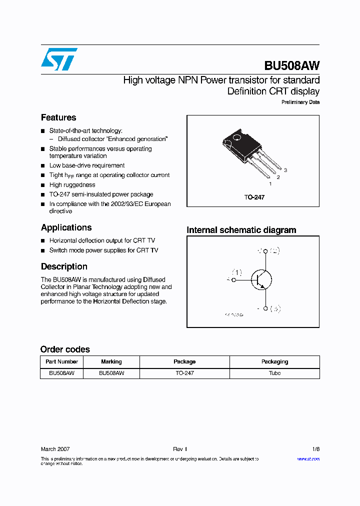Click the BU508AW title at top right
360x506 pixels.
tap(291, 66)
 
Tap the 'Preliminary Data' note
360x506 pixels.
tap(300, 102)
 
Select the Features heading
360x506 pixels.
tap(58, 117)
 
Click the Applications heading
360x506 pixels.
tap(66, 227)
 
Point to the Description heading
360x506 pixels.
tap(64, 266)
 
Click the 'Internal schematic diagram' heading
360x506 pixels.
tap(241, 230)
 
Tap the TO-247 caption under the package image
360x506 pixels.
tap(254, 197)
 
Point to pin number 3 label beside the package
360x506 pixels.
tap(285, 170)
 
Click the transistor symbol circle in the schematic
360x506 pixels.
tap(261, 279)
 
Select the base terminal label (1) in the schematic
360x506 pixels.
tap(236, 272)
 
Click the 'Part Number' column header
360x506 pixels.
tap(61, 361)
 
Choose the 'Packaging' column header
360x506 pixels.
tap(274, 361)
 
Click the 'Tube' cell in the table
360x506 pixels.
tap(274, 373)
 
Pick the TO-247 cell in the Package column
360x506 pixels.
tap(184, 373)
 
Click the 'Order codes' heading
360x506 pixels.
tap(65, 349)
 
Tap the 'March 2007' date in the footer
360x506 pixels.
tap(55, 449)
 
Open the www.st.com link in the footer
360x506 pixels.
tap(308, 458)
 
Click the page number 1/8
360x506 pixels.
tap(315, 449)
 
